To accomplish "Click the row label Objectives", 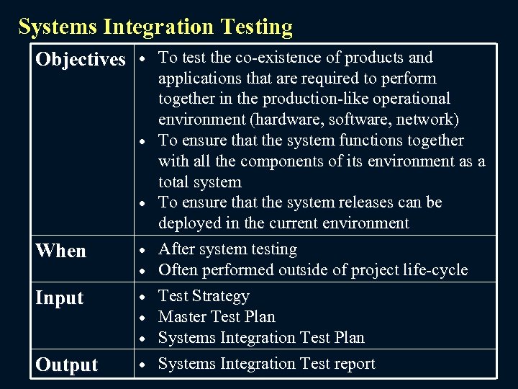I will [x=81, y=59].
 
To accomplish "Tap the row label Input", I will [x=60, y=298].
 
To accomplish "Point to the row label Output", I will [x=66, y=365].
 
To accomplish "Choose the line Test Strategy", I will [x=204, y=296].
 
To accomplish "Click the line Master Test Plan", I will [x=217, y=317].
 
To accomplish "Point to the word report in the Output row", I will [x=352, y=364].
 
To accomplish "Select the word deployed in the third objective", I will [x=188, y=223].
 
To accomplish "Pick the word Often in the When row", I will [x=177, y=270].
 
